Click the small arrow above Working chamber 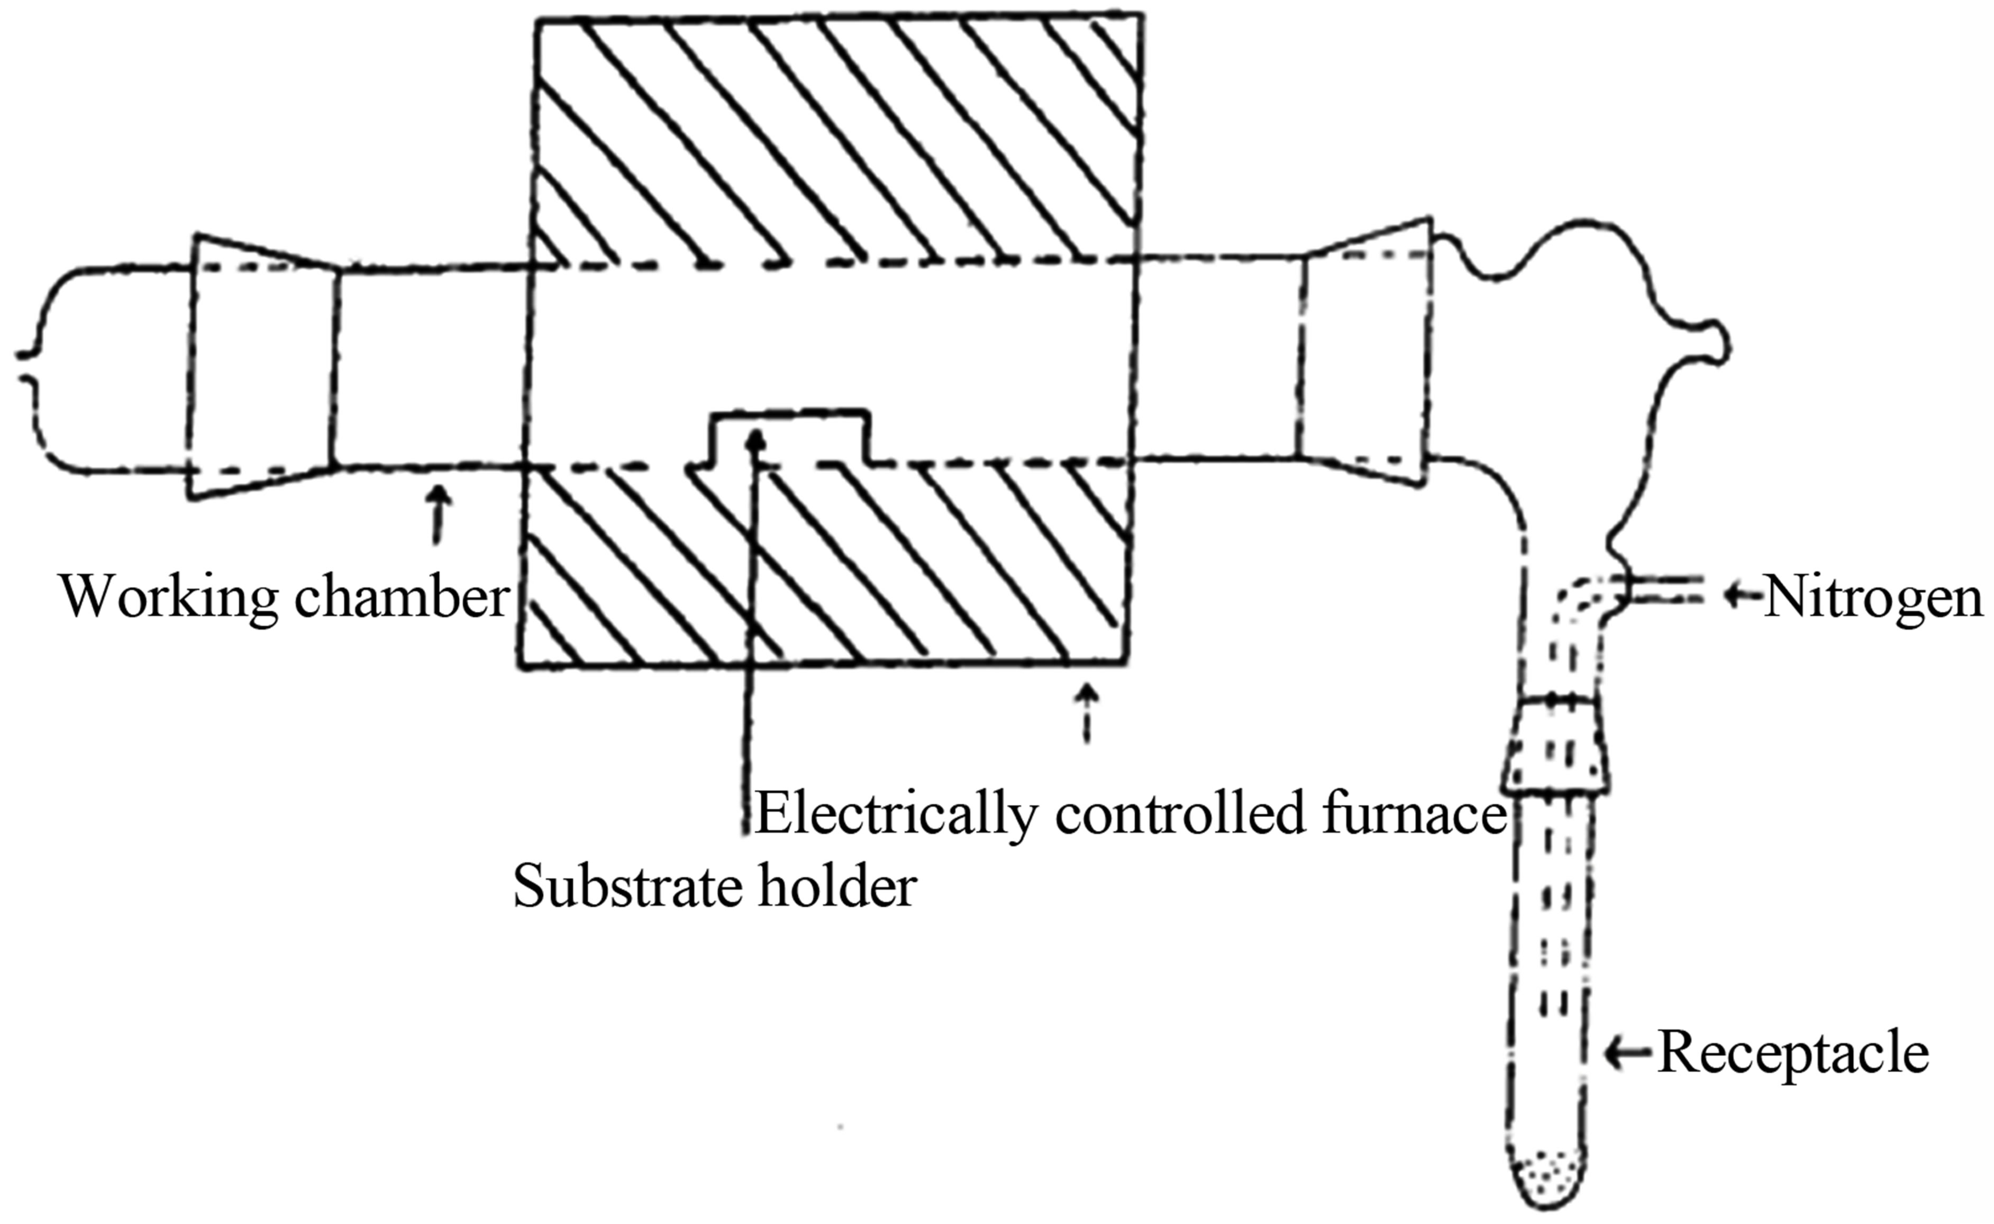coord(439,514)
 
